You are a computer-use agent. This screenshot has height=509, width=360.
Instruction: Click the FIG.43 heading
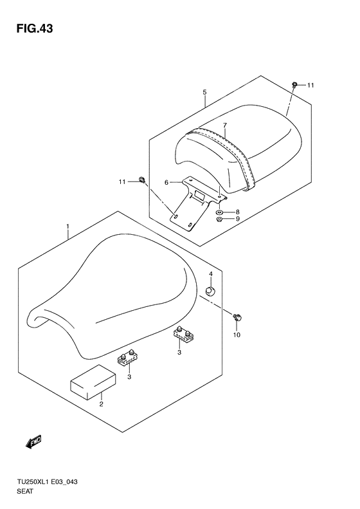pyautogui.click(x=35, y=29)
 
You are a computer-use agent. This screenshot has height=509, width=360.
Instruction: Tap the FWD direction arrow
pyautogui.click(x=33, y=442)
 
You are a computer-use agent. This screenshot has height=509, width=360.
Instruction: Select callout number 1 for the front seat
pyautogui.click(x=67, y=226)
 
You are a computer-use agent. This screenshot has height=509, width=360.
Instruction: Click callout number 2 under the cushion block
pyautogui.click(x=101, y=404)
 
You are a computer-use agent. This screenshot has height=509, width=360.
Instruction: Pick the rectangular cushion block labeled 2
pyautogui.click(x=93, y=382)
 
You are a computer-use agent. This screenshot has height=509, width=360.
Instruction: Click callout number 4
pyautogui.click(x=210, y=274)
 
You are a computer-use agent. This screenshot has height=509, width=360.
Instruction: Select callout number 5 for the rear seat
pyautogui.click(x=204, y=92)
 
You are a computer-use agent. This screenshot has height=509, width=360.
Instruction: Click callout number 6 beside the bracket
pyautogui.click(x=166, y=183)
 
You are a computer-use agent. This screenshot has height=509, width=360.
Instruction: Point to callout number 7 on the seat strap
pyautogui.click(x=225, y=125)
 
